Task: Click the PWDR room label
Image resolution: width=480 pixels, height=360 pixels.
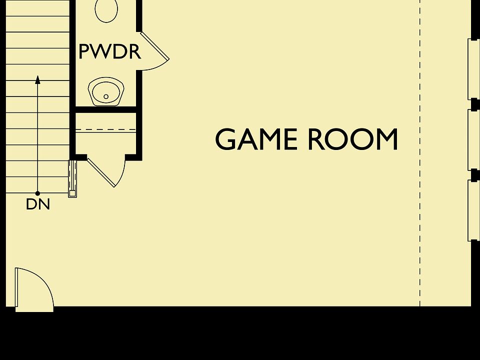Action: coord(109,51)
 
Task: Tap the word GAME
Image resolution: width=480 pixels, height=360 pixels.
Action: coord(256,139)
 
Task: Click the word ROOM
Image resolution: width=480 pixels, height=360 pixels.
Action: coord(352,139)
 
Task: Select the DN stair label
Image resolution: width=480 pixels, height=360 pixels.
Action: coord(38,204)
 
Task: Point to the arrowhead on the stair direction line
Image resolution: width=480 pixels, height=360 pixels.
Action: coord(37,79)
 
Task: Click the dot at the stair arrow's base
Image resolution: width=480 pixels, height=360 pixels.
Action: coord(37,193)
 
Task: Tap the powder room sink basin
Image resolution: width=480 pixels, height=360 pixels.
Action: coord(106,91)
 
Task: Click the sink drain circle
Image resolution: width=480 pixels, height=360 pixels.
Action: coord(106,96)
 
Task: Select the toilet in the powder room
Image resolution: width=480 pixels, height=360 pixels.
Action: coord(106,10)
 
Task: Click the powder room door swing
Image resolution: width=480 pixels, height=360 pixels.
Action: coord(154,51)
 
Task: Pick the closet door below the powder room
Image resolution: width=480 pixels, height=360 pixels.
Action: coord(106,171)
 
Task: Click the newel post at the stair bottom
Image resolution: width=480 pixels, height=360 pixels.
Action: coord(72,179)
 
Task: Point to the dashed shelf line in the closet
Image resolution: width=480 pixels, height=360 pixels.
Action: coord(105,130)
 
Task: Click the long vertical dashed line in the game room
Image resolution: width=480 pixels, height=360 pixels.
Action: coord(419,153)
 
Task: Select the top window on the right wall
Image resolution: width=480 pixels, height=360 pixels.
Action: coord(473,69)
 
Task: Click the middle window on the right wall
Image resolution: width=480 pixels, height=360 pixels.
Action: coord(473,139)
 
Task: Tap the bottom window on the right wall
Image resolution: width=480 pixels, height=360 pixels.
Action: coord(473,210)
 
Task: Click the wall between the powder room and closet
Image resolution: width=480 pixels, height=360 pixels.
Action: coord(106,109)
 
